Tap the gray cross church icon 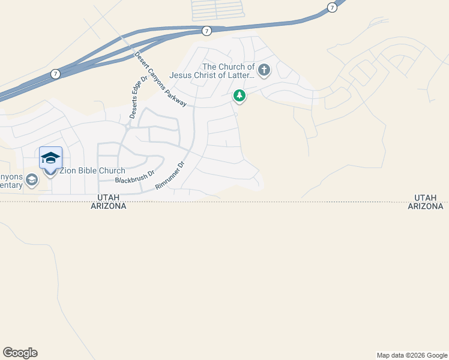[264, 71]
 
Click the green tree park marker [240, 95]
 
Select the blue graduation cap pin [50, 159]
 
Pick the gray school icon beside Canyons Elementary [32, 179]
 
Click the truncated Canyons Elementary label [11, 181]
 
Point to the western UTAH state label [108, 197]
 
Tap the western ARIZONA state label [108, 206]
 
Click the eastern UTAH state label [426, 197]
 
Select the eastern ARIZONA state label [426, 206]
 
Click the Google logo [20, 353]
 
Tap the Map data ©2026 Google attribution [411, 355]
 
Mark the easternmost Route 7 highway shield [332, 7]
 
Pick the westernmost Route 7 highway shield [55, 74]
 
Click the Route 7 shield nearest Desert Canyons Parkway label [206, 31]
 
